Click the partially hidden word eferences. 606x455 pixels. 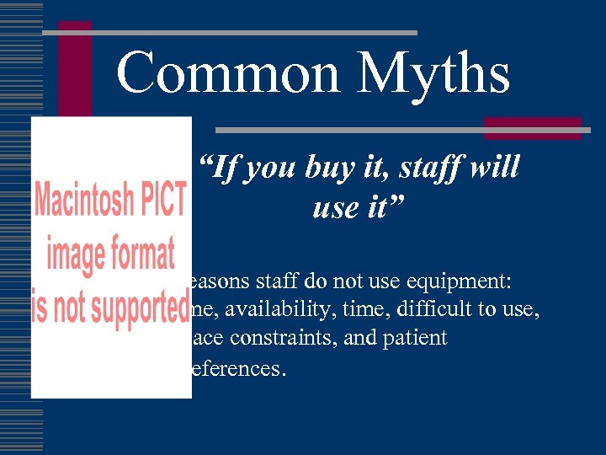point(239,368)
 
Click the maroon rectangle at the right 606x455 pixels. point(533,127)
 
